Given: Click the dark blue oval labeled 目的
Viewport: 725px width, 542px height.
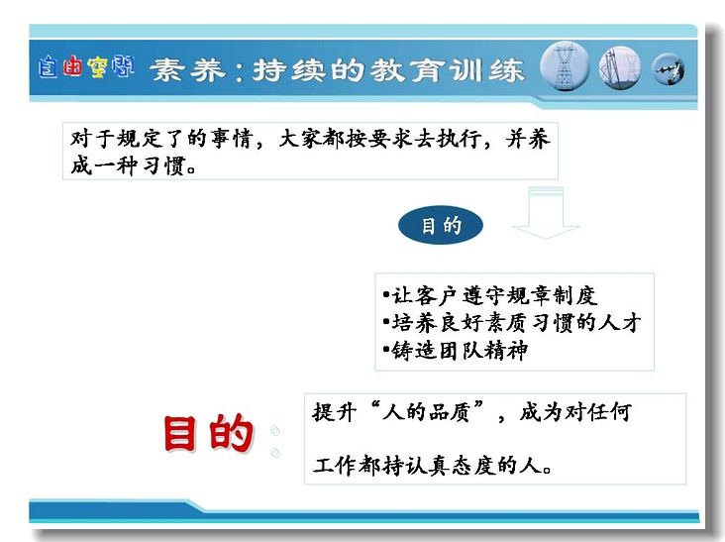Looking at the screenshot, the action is tap(440, 225).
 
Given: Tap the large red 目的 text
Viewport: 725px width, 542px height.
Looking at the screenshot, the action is tap(209, 432).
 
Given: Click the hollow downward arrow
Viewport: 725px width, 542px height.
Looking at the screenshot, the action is tap(546, 213).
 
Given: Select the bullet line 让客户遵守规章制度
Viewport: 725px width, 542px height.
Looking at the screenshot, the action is tap(490, 295).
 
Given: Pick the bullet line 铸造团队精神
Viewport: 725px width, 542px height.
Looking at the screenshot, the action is tap(456, 350).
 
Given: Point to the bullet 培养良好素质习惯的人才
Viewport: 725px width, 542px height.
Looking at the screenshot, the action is tap(512, 323).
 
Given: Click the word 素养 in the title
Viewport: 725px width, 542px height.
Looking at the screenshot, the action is tap(188, 70).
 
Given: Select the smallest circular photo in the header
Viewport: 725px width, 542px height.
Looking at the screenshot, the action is tap(669, 69).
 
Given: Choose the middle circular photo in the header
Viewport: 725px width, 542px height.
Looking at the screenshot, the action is tap(620, 67).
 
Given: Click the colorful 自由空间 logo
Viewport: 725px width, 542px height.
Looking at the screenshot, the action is tap(86, 66).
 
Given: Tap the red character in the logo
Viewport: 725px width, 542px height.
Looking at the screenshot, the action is tap(72, 66).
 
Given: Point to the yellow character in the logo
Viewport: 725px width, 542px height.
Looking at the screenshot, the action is tap(97, 66).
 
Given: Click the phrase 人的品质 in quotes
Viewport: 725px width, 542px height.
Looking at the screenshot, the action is tap(426, 411).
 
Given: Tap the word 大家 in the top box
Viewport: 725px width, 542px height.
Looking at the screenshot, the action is tap(300, 139).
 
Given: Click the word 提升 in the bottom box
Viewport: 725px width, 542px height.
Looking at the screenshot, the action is tap(335, 411).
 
